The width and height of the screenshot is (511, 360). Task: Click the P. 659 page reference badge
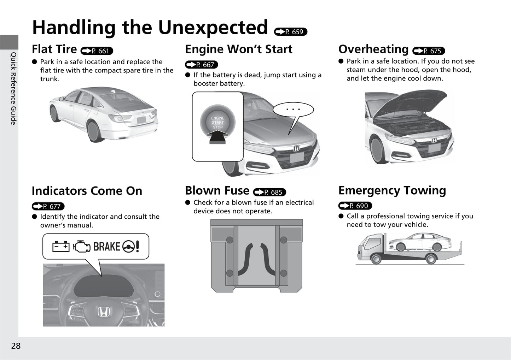(x=291, y=32)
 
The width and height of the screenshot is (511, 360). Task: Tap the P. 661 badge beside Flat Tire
(x=97, y=51)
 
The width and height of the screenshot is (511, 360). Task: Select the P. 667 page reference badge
(x=202, y=65)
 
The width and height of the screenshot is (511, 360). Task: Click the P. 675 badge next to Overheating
(x=429, y=51)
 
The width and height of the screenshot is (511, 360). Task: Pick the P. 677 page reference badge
(x=48, y=206)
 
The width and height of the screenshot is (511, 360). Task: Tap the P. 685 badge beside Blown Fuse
(x=269, y=192)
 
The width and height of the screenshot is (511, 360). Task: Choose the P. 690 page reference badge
(x=355, y=206)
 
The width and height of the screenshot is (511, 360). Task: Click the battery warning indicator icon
(x=61, y=247)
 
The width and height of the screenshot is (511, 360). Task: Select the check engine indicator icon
(x=82, y=247)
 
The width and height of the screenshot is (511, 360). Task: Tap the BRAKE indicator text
(x=107, y=247)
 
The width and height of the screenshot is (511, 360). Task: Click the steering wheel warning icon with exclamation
(x=131, y=247)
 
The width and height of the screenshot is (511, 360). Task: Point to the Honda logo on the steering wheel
(x=104, y=312)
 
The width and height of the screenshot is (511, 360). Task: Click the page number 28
(x=16, y=346)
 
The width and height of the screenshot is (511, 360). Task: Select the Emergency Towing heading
(x=392, y=191)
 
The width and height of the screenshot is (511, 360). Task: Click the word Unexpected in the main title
(x=213, y=28)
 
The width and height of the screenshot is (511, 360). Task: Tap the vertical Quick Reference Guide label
(x=14, y=88)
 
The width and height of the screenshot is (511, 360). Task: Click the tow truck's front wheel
(x=376, y=259)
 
